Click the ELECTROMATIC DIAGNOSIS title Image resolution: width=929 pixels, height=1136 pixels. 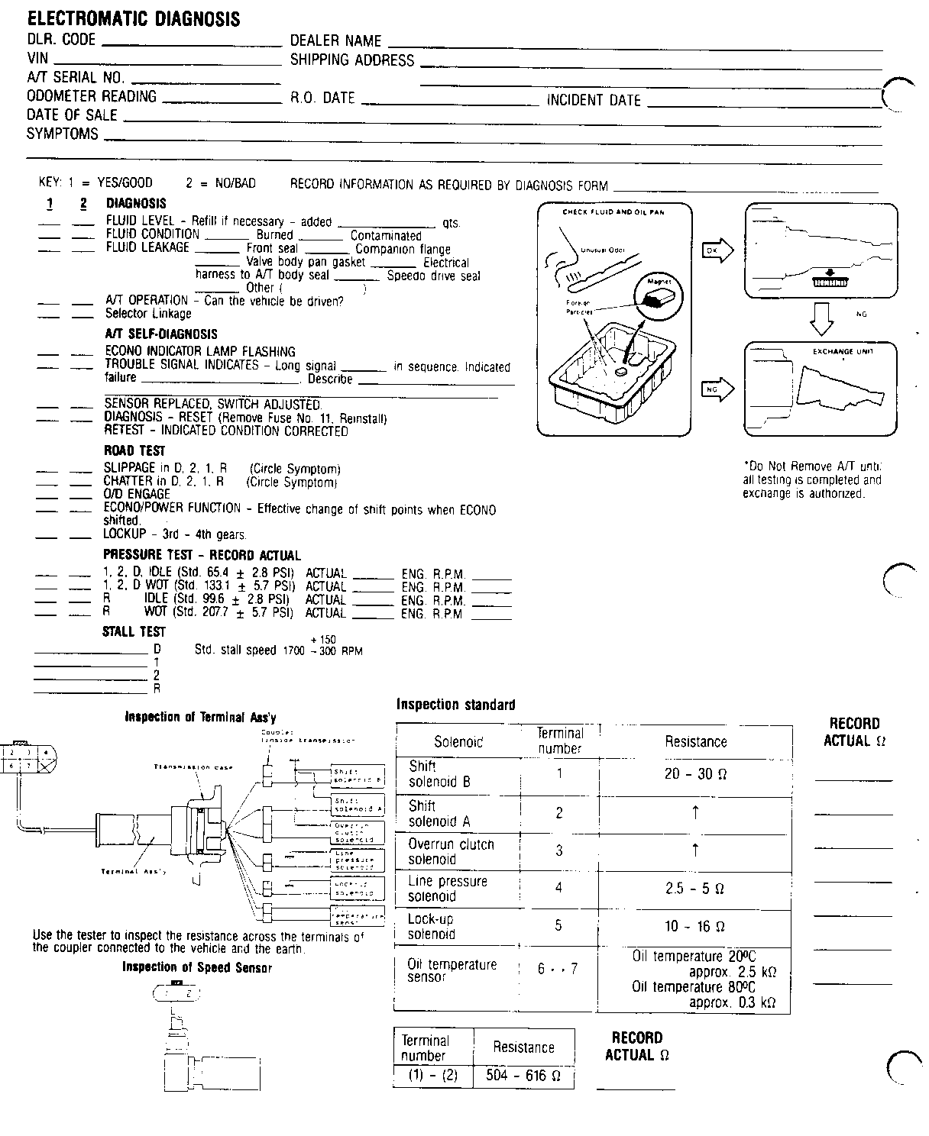(x=133, y=19)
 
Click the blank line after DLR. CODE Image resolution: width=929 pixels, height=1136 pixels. (x=191, y=44)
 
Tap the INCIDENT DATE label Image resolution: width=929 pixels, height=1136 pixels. (x=594, y=100)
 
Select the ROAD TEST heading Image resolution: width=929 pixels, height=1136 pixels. (x=134, y=450)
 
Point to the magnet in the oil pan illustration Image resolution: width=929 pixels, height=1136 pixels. (x=658, y=295)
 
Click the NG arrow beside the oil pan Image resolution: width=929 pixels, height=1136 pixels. (x=717, y=390)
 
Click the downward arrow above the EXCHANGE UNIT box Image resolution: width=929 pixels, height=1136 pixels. (x=821, y=318)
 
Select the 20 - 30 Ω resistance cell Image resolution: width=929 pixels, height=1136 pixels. (x=694, y=774)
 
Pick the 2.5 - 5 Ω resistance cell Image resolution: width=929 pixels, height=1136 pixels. (x=694, y=889)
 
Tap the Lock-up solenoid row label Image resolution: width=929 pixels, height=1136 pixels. (x=432, y=926)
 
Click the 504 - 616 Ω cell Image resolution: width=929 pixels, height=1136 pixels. (x=523, y=1076)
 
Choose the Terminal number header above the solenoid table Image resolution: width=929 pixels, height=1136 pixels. (x=559, y=741)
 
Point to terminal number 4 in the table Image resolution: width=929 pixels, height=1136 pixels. (x=558, y=887)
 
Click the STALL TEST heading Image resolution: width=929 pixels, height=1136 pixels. (x=134, y=631)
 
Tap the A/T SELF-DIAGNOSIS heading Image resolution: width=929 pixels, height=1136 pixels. (x=161, y=334)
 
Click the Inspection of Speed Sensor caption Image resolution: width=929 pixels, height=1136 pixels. (x=197, y=967)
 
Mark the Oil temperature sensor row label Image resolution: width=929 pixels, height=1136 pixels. (x=452, y=970)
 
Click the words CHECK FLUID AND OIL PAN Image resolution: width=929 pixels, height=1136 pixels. (x=613, y=212)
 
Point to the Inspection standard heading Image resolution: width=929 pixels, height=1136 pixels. (x=455, y=705)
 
